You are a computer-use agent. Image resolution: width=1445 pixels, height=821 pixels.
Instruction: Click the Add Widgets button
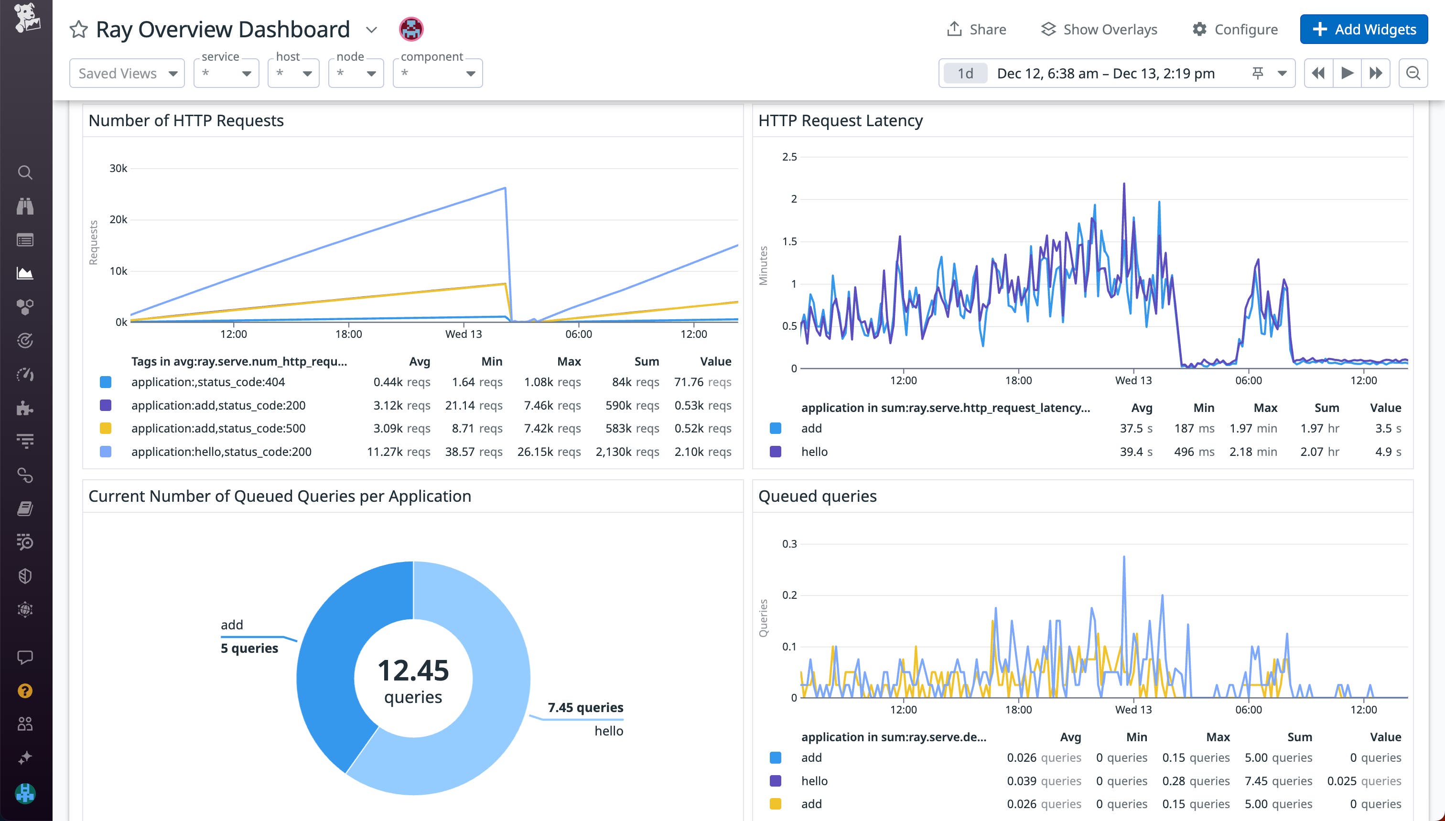(1363, 29)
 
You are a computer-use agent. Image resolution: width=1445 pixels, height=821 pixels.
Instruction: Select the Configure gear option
(1235, 29)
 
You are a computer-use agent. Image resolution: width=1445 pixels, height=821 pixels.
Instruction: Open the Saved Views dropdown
(127, 73)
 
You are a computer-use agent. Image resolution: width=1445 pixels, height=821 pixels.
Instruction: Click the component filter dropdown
(438, 73)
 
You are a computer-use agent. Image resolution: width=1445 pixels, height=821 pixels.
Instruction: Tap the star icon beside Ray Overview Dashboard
(78, 29)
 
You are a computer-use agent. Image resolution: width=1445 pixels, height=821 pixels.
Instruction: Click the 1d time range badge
(965, 73)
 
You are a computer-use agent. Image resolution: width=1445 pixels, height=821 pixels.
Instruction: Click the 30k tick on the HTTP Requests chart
(119, 168)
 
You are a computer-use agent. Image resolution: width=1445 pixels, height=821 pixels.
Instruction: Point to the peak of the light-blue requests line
(505, 188)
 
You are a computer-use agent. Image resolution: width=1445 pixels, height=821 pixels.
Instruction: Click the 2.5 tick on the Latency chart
(789, 157)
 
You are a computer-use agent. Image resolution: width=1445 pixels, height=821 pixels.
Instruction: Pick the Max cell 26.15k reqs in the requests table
(549, 452)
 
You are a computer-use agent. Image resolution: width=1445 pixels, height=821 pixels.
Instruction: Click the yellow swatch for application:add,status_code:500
(106, 429)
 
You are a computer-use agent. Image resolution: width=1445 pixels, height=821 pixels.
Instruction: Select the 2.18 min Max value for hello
(1253, 452)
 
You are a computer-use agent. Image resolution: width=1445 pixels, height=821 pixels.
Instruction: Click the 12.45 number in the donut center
(413, 670)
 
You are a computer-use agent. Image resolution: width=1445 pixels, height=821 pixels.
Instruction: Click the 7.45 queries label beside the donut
(585, 707)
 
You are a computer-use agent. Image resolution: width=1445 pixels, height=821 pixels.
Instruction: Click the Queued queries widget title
(817, 496)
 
